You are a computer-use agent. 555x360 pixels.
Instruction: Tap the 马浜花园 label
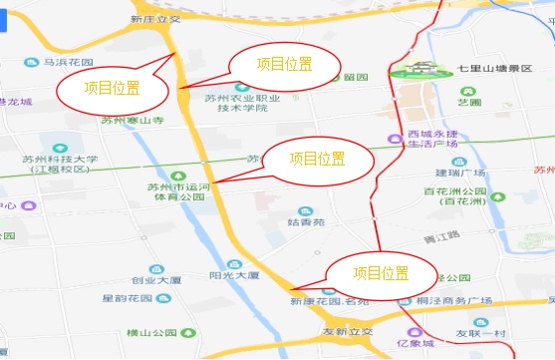[68, 62]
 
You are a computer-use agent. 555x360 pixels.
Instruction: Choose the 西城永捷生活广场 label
[432, 139]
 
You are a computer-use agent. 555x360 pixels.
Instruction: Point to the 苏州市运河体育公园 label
[175, 190]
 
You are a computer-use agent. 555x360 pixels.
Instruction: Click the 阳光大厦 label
[234, 274]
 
